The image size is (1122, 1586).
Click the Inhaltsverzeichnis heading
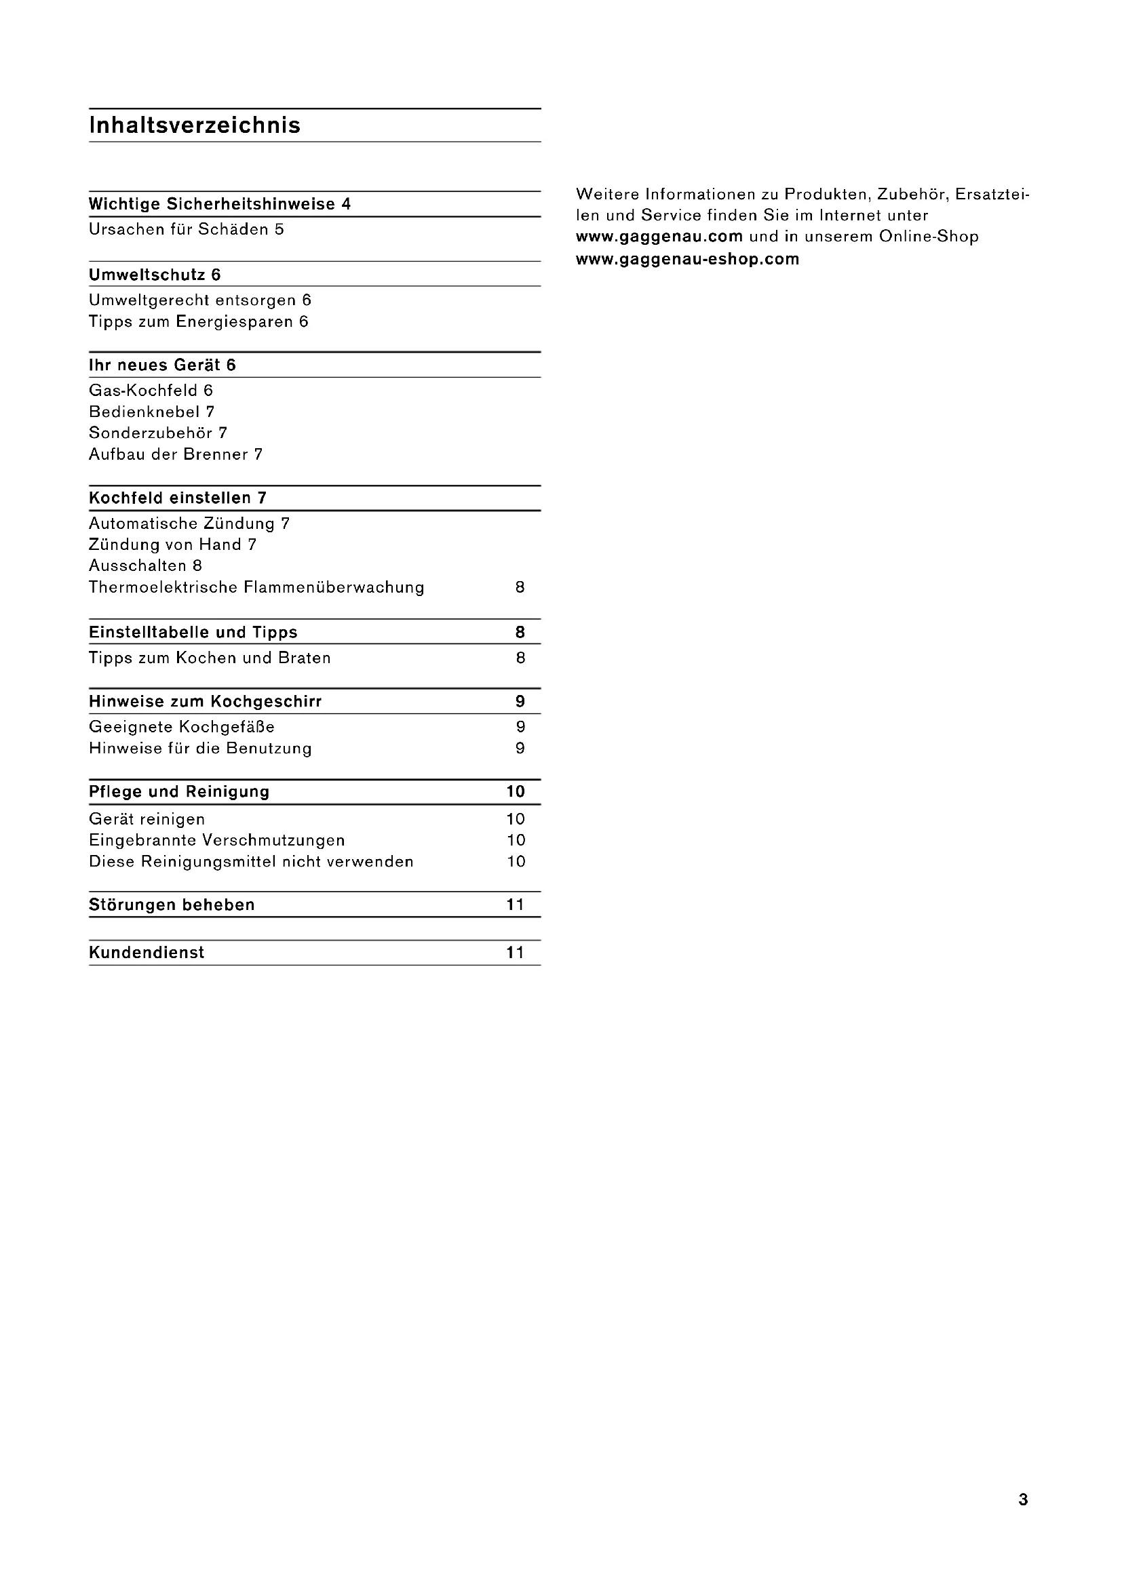[194, 125]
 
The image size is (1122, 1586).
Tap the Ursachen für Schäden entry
[186, 229]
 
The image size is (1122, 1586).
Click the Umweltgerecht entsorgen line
[199, 300]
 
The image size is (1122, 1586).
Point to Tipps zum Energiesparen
[198, 321]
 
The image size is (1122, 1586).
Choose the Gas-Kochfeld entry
[151, 391]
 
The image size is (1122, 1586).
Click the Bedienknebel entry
[151, 412]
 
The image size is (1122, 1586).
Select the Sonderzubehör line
[157, 433]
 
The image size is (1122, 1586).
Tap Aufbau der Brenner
[176, 454]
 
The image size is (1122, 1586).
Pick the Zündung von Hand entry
[172, 544]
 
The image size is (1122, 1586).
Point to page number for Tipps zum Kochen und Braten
[520, 658]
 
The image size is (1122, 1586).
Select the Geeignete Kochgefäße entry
[182, 727]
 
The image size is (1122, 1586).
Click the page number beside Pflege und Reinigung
[516, 791]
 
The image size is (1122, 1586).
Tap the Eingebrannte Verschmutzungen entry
[217, 840]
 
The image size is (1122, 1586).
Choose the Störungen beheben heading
[172, 905]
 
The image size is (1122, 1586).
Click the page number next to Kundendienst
[516, 953]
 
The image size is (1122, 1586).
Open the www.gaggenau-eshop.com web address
[687, 259]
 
